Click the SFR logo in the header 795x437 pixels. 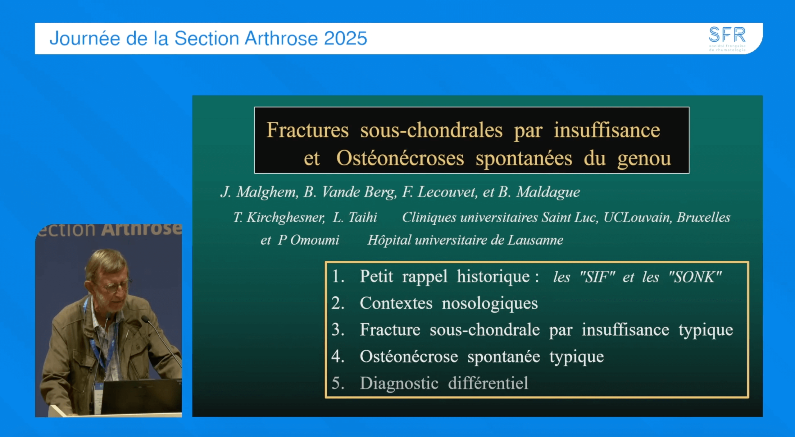point(727,38)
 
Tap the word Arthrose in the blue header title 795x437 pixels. point(281,39)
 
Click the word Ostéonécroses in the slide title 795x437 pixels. point(400,159)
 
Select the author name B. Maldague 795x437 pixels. point(539,192)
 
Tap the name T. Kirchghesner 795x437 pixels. point(279,218)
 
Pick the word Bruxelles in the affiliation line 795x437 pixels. point(703,218)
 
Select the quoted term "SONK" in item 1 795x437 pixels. point(695,277)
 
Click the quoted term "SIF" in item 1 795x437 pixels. point(597,277)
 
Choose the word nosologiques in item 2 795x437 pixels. point(490,304)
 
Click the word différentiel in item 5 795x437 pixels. point(488,383)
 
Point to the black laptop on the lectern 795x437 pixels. point(141,396)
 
